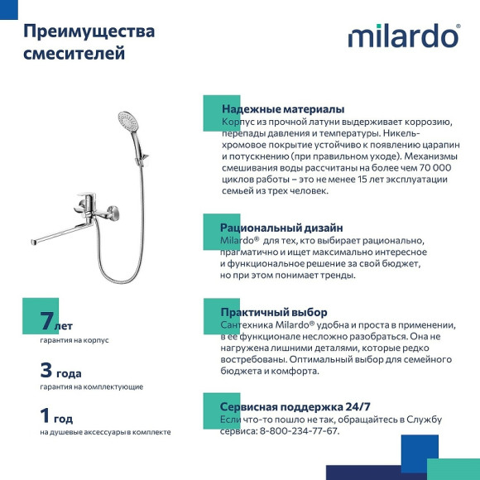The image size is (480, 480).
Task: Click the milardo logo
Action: (403, 36)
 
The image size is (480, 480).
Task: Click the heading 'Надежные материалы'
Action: (282, 109)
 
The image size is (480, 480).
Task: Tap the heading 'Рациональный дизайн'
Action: (281, 228)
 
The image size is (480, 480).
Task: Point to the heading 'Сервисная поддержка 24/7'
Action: (295, 407)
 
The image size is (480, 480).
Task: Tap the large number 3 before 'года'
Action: (46, 370)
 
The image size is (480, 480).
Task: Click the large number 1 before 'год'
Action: (46, 415)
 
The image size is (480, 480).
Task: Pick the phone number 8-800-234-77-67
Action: (299, 431)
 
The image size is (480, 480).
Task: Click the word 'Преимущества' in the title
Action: (89, 31)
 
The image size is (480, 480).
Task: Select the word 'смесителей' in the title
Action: (74, 55)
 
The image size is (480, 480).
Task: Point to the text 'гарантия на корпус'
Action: (74, 340)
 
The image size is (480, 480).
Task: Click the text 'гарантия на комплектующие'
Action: (91, 386)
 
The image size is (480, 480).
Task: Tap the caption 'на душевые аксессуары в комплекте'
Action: (105, 432)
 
